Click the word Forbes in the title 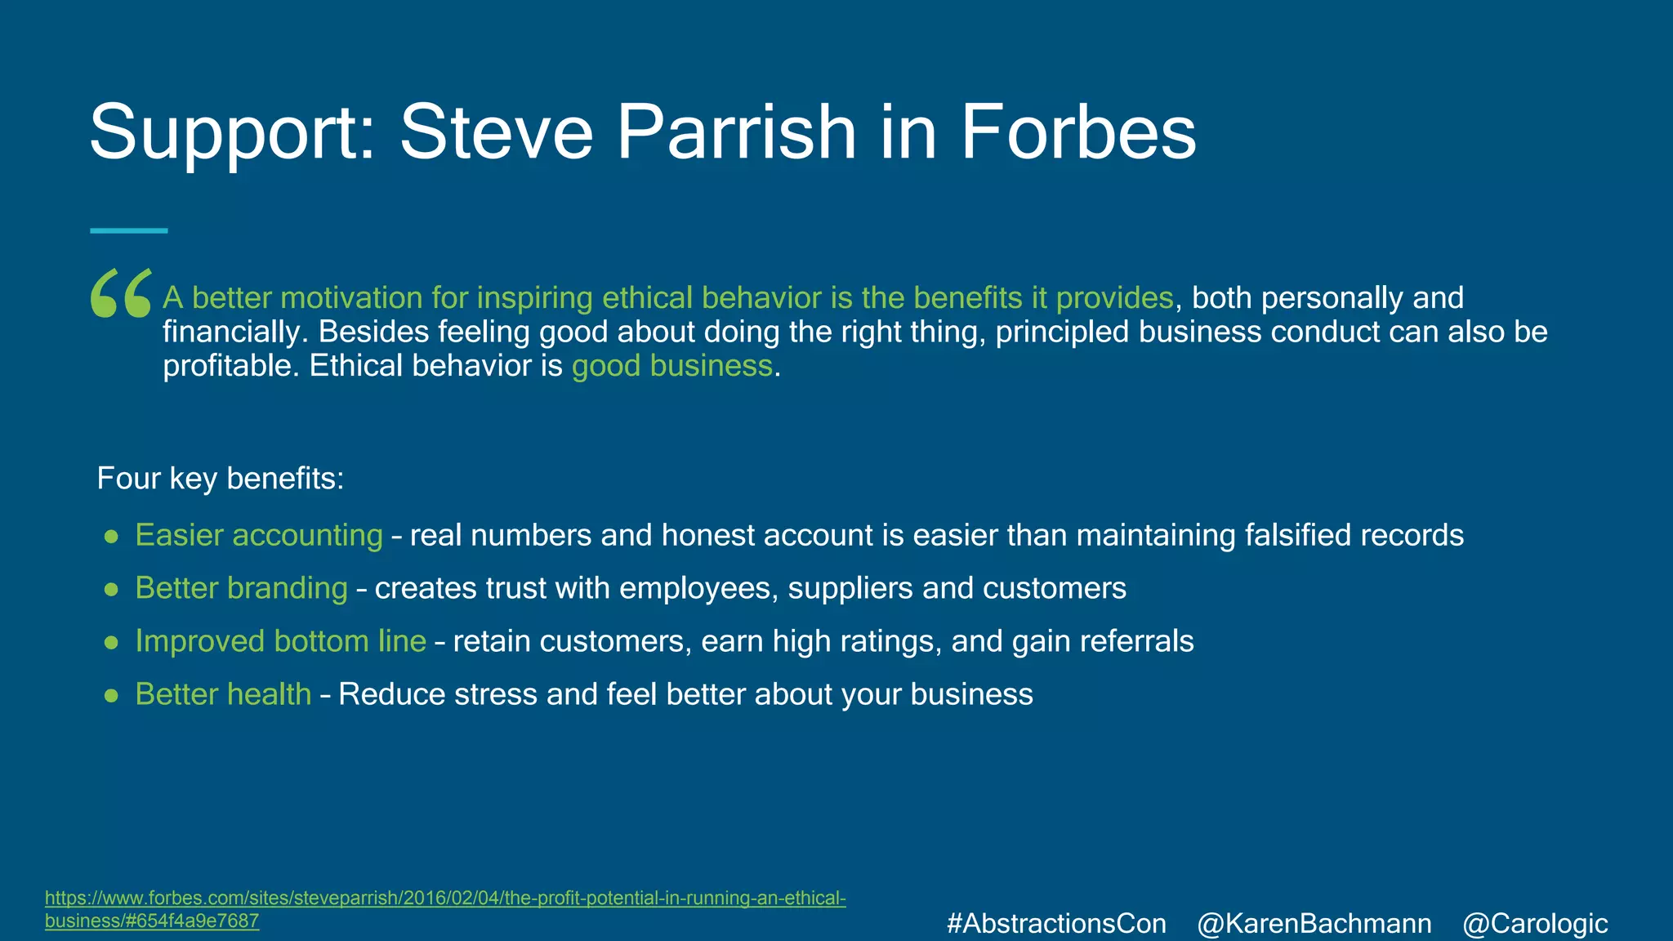[x=1077, y=132]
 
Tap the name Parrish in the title [x=736, y=132]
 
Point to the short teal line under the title [x=128, y=231]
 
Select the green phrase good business [x=671, y=366]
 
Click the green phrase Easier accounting [x=259, y=535]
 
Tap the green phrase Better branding [x=241, y=588]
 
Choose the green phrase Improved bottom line [x=280, y=641]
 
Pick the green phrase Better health [x=223, y=694]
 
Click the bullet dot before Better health [x=112, y=696]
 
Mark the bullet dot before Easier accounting [x=112, y=537]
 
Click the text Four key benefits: [x=221, y=479]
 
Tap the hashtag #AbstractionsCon [x=1056, y=924]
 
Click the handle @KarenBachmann [x=1314, y=924]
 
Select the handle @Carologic [x=1535, y=924]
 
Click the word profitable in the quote [x=231, y=366]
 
